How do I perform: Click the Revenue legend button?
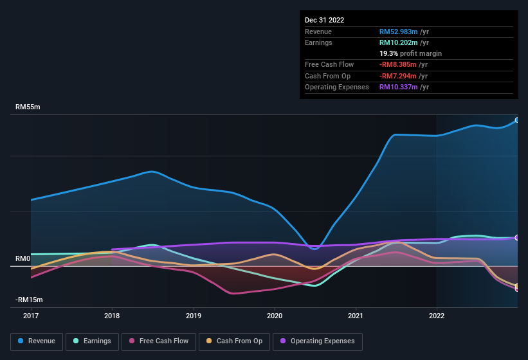(37, 341)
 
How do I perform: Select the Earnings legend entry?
(92, 341)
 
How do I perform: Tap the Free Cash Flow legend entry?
(159, 341)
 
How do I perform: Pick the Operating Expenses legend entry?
(318, 341)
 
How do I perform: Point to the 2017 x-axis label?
(31, 316)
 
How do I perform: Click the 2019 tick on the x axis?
(194, 316)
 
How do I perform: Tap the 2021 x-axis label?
(356, 316)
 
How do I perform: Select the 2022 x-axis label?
(437, 316)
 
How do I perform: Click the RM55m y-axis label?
(28, 107)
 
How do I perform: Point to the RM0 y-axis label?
(23, 258)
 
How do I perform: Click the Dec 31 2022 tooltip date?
(324, 20)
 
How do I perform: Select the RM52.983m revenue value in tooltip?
(398, 32)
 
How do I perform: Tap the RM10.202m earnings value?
(398, 42)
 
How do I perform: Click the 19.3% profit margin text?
(410, 53)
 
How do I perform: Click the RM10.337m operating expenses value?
(398, 87)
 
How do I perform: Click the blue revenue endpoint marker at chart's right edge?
(517, 120)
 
